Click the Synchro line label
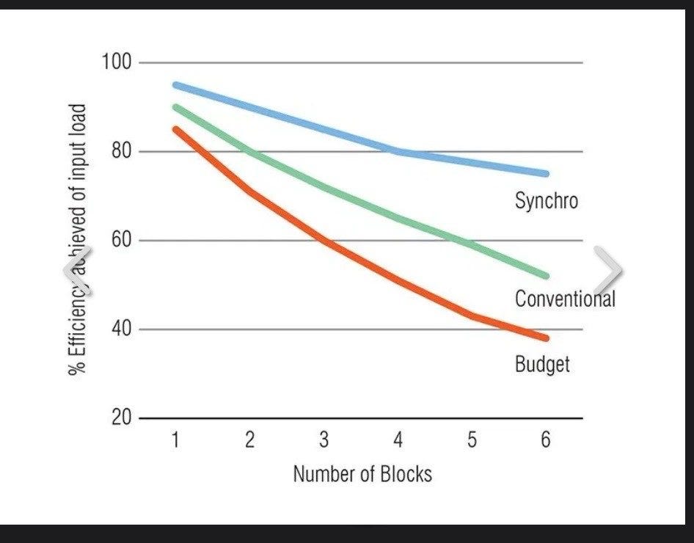tap(546, 200)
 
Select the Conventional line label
tap(564, 299)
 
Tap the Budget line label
tap(542, 363)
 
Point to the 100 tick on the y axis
tap(116, 63)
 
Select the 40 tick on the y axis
tap(120, 329)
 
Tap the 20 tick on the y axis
tap(120, 418)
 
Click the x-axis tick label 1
tap(176, 440)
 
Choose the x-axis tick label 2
tap(250, 440)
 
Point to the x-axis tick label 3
tap(324, 440)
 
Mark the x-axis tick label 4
tap(398, 440)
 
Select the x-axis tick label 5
tap(472, 440)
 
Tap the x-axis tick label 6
tap(546, 440)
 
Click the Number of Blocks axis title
tap(362, 474)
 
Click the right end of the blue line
tap(545, 174)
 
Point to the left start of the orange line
tap(176, 129)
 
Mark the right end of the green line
tap(545, 276)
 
